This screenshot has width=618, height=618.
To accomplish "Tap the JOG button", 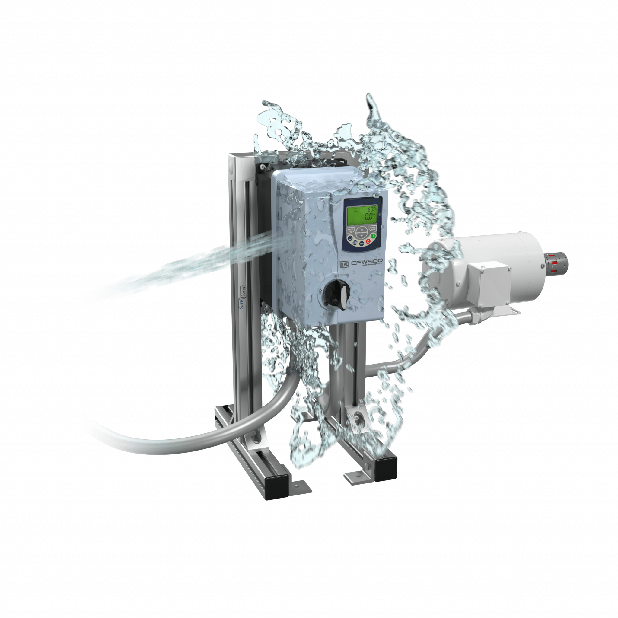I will point(362,244).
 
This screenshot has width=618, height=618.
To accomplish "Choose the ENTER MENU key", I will point(372,228).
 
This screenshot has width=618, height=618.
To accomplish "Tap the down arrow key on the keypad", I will point(362,235).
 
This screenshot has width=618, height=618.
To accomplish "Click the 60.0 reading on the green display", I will point(371,209).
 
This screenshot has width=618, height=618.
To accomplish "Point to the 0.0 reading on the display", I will point(369,217).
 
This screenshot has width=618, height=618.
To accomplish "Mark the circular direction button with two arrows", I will point(350,238).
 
